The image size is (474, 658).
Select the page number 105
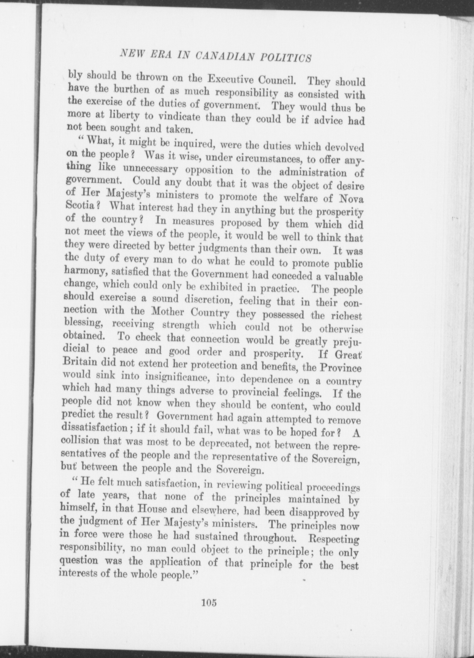point(209,602)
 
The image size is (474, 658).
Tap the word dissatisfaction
point(96,427)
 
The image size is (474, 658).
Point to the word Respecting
point(334,539)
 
